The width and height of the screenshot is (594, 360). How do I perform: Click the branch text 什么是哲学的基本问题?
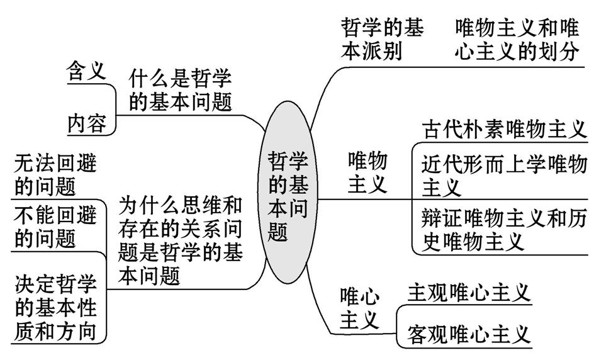[181, 91]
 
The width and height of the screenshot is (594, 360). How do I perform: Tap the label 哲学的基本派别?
[383, 39]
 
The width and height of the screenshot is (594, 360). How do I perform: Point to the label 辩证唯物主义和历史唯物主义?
[503, 229]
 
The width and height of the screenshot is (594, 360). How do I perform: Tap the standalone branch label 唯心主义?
[360, 308]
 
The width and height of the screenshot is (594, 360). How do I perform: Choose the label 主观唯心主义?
[469, 292]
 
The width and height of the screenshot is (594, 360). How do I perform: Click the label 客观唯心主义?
[469, 332]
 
